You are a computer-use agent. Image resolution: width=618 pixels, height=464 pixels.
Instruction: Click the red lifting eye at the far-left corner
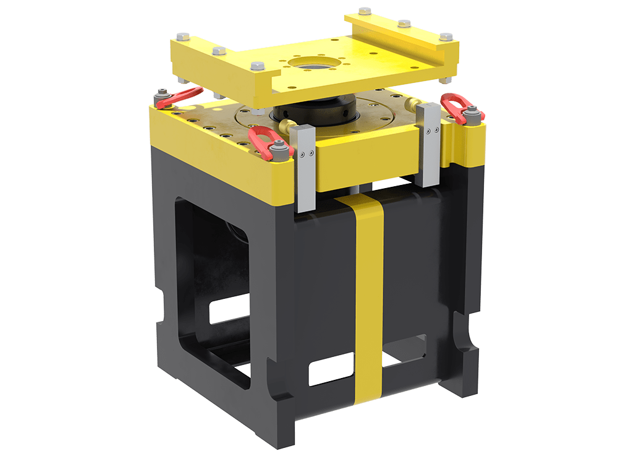point(179,95)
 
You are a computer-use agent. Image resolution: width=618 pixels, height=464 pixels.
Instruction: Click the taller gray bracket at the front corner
point(305,167)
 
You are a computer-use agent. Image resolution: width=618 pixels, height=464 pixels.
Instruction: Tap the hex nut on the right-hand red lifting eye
point(473,111)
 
